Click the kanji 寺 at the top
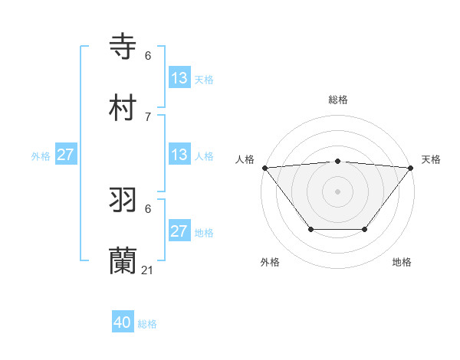(123, 46)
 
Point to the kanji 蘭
(123, 261)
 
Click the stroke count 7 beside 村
(148, 116)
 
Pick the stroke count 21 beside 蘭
(148, 270)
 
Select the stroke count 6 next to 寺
(148, 55)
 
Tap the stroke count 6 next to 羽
(148, 208)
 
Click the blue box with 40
(123, 323)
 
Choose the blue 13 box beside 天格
(179, 78)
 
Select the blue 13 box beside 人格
(179, 155)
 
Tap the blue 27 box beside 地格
(179, 231)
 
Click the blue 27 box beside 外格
(65, 155)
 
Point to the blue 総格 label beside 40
(147, 324)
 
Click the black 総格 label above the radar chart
(337, 100)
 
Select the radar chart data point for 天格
(411, 168)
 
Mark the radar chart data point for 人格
(264, 168)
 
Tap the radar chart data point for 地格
(365, 229)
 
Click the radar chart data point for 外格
(310, 229)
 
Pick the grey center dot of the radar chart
(337, 191)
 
